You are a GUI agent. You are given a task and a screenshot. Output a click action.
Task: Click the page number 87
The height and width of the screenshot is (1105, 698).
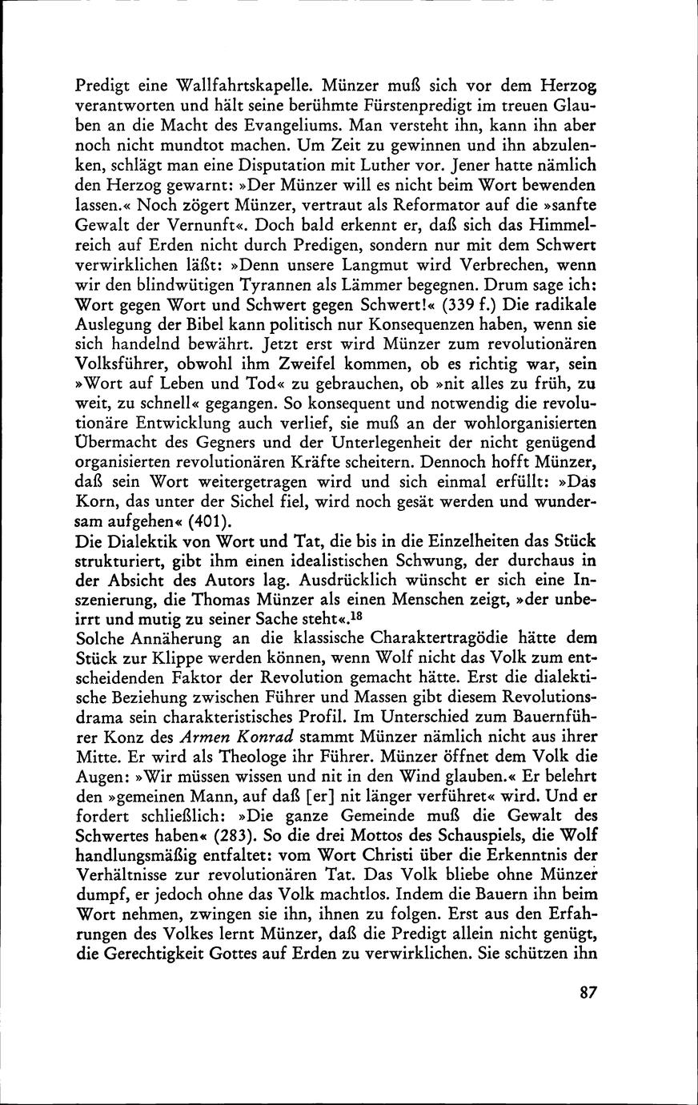click(588, 992)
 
